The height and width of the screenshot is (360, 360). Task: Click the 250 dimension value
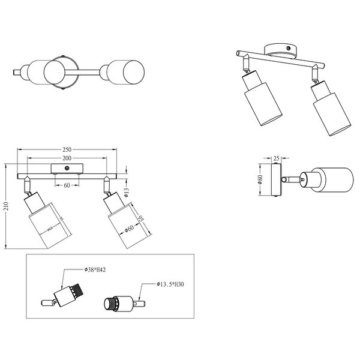[67, 149]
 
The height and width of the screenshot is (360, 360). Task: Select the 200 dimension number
[67, 158]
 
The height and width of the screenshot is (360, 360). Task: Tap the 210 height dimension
[5, 208]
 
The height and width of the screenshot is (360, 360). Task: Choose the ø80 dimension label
[260, 179]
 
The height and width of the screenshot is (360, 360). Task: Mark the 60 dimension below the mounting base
[67, 185]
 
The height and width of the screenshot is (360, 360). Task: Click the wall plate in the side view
[277, 179]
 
